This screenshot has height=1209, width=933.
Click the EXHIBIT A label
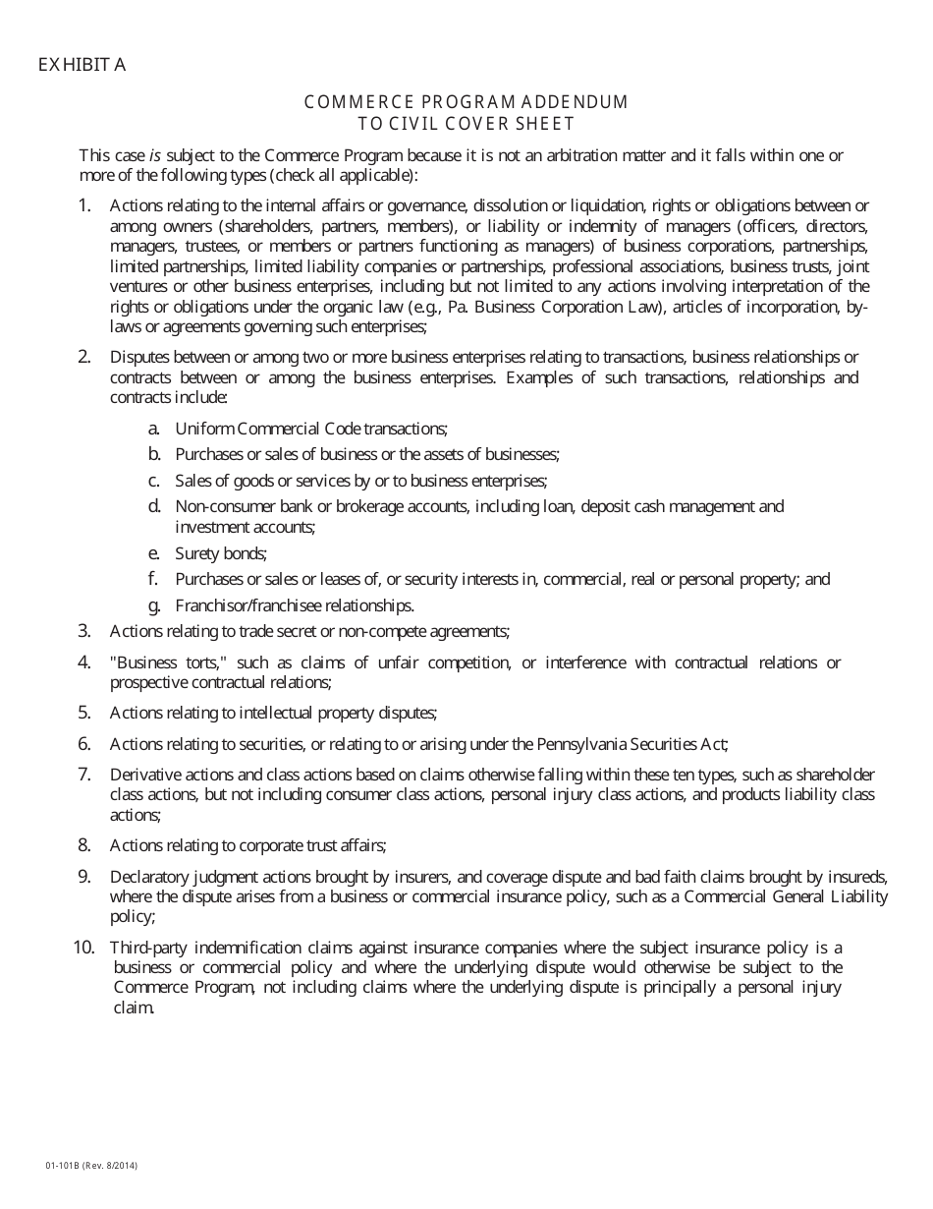click(x=82, y=66)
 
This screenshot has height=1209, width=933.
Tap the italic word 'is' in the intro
click(x=154, y=155)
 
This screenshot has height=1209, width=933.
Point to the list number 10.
click(x=83, y=948)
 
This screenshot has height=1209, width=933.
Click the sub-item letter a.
click(x=154, y=429)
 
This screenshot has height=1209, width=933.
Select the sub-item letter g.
click(x=154, y=604)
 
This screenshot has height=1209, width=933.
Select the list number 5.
click(x=84, y=713)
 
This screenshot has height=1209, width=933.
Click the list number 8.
click(x=84, y=844)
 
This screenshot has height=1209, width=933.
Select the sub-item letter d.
click(x=154, y=506)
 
